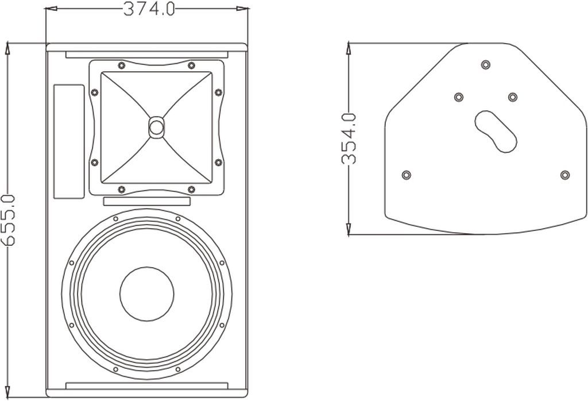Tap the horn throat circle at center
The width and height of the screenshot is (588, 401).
(156, 126)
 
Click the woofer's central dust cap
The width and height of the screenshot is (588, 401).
(146, 294)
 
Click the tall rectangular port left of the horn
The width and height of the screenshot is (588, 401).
(69, 141)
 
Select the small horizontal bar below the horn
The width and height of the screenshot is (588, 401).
(146, 201)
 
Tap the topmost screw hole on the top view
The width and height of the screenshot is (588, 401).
(486, 64)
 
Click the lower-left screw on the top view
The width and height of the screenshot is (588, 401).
(407, 174)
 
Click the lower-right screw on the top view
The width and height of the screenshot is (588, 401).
(565, 174)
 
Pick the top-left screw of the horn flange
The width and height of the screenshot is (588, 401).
(121, 64)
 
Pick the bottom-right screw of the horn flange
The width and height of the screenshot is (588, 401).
(191, 189)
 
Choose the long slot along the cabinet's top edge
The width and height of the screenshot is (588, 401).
(146, 55)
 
